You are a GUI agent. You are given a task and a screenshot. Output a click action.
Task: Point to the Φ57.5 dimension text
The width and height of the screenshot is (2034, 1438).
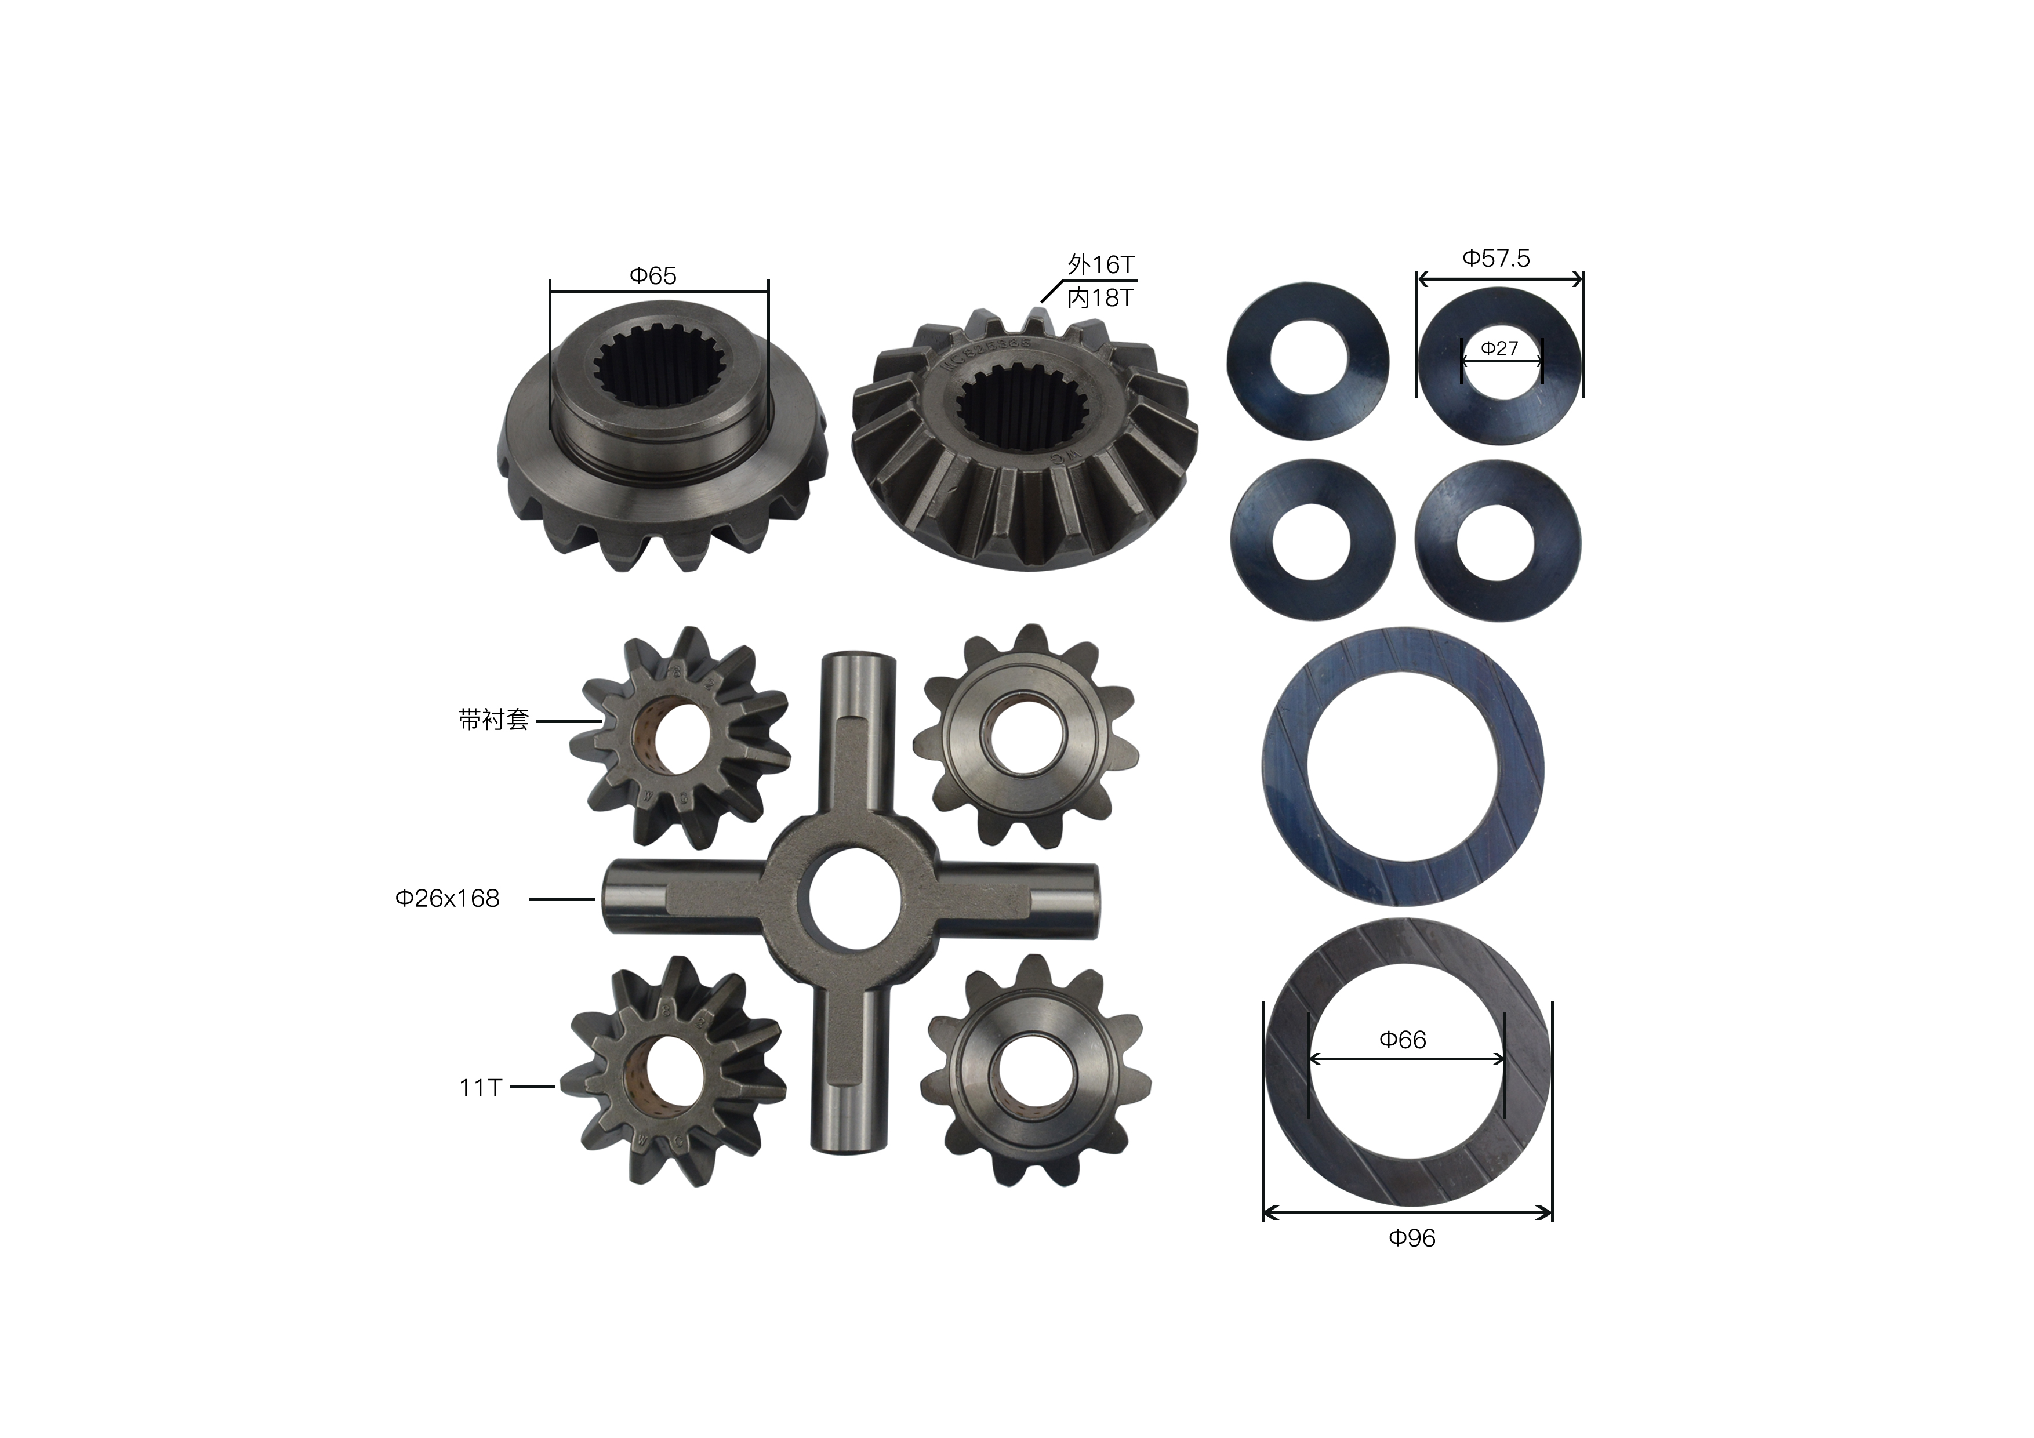(1497, 258)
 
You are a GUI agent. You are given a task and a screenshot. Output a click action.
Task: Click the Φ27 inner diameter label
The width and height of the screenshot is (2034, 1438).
(1500, 348)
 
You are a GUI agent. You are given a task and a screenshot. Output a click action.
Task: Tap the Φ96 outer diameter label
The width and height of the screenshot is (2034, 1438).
(1412, 1238)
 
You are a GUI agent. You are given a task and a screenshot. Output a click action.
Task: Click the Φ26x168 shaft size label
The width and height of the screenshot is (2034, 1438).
(448, 898)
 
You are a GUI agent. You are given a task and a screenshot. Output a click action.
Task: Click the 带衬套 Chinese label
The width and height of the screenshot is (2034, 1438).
(493, 720)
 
